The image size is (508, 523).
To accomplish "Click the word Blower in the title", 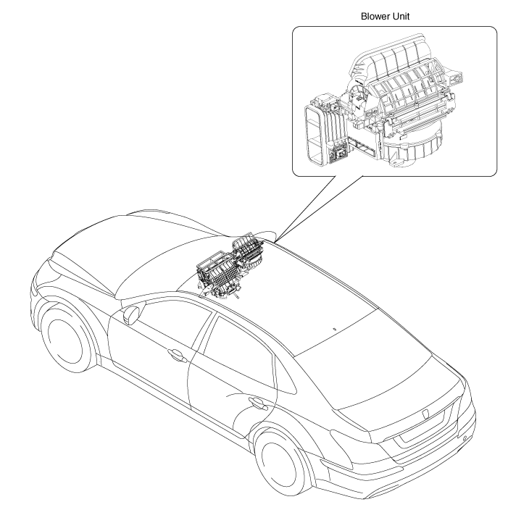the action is tap(372, 17).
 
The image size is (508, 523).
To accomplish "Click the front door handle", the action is tap(176, 356).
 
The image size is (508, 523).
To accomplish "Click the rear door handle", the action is tap(258, 403).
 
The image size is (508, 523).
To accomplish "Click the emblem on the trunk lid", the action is tap(425, 414).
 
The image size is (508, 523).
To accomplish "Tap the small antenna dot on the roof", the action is tap(335, 329).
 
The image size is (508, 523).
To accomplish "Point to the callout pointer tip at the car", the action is tap(275, 240).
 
